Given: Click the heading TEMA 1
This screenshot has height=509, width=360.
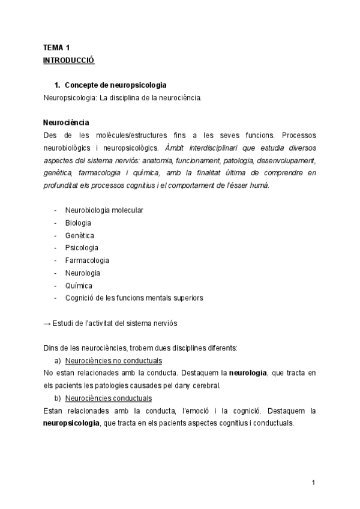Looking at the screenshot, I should [57, 47].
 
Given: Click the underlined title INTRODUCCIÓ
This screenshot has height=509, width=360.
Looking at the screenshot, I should [69, 60].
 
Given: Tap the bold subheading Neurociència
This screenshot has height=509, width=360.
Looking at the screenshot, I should [67, 122].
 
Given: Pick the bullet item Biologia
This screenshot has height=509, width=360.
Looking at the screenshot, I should [78, 223].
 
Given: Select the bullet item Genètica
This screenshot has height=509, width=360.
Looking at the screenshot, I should [79, 235].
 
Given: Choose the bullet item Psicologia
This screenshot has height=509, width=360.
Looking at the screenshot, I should [82, 248].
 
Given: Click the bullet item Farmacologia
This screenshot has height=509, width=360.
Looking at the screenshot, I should [87, 261].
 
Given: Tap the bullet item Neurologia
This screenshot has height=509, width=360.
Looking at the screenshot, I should [83, 273].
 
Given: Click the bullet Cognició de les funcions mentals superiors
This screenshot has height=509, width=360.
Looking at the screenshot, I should [134, 298].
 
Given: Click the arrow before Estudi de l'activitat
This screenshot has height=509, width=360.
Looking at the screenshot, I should [47, 323].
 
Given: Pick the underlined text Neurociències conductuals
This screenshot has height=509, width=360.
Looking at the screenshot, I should [108, 398].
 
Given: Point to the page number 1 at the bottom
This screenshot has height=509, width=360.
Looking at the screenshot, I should [314, 483].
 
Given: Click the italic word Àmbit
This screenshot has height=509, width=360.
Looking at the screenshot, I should [174, 147].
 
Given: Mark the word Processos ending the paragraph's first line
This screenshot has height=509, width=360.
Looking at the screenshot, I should [295, 135].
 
